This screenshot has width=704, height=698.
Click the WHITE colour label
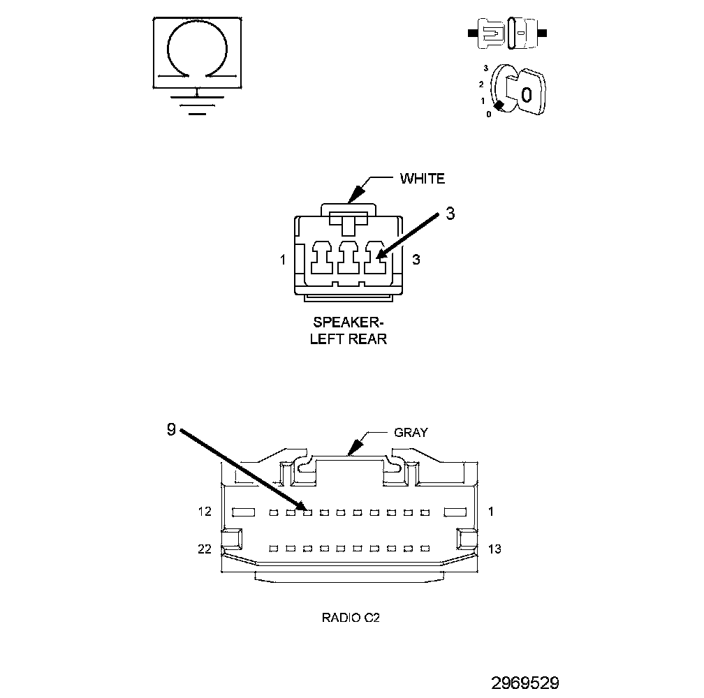(422, 179)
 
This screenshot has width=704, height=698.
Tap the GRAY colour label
(411, 432)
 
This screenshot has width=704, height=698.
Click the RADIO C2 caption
(351, 618)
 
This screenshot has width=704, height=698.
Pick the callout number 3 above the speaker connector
(450, 214)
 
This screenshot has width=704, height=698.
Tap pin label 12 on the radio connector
(204, 512)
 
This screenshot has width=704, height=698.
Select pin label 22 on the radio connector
(204, 549)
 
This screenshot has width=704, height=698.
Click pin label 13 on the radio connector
(494, 549)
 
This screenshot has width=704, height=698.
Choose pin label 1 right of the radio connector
(491, 512)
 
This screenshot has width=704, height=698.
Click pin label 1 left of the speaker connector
(282, 260)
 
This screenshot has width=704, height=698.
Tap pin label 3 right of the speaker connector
(416, 260)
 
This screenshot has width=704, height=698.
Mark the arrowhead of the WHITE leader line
(354, 194)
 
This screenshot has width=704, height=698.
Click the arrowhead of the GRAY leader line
(354, 447)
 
